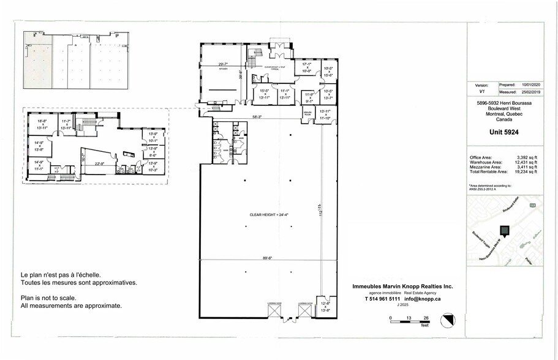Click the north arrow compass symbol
(x=448, y=320)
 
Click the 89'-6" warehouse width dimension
(x=267, y=258)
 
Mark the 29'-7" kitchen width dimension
(x=223, y=64)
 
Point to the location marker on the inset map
(x=504, y=231)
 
